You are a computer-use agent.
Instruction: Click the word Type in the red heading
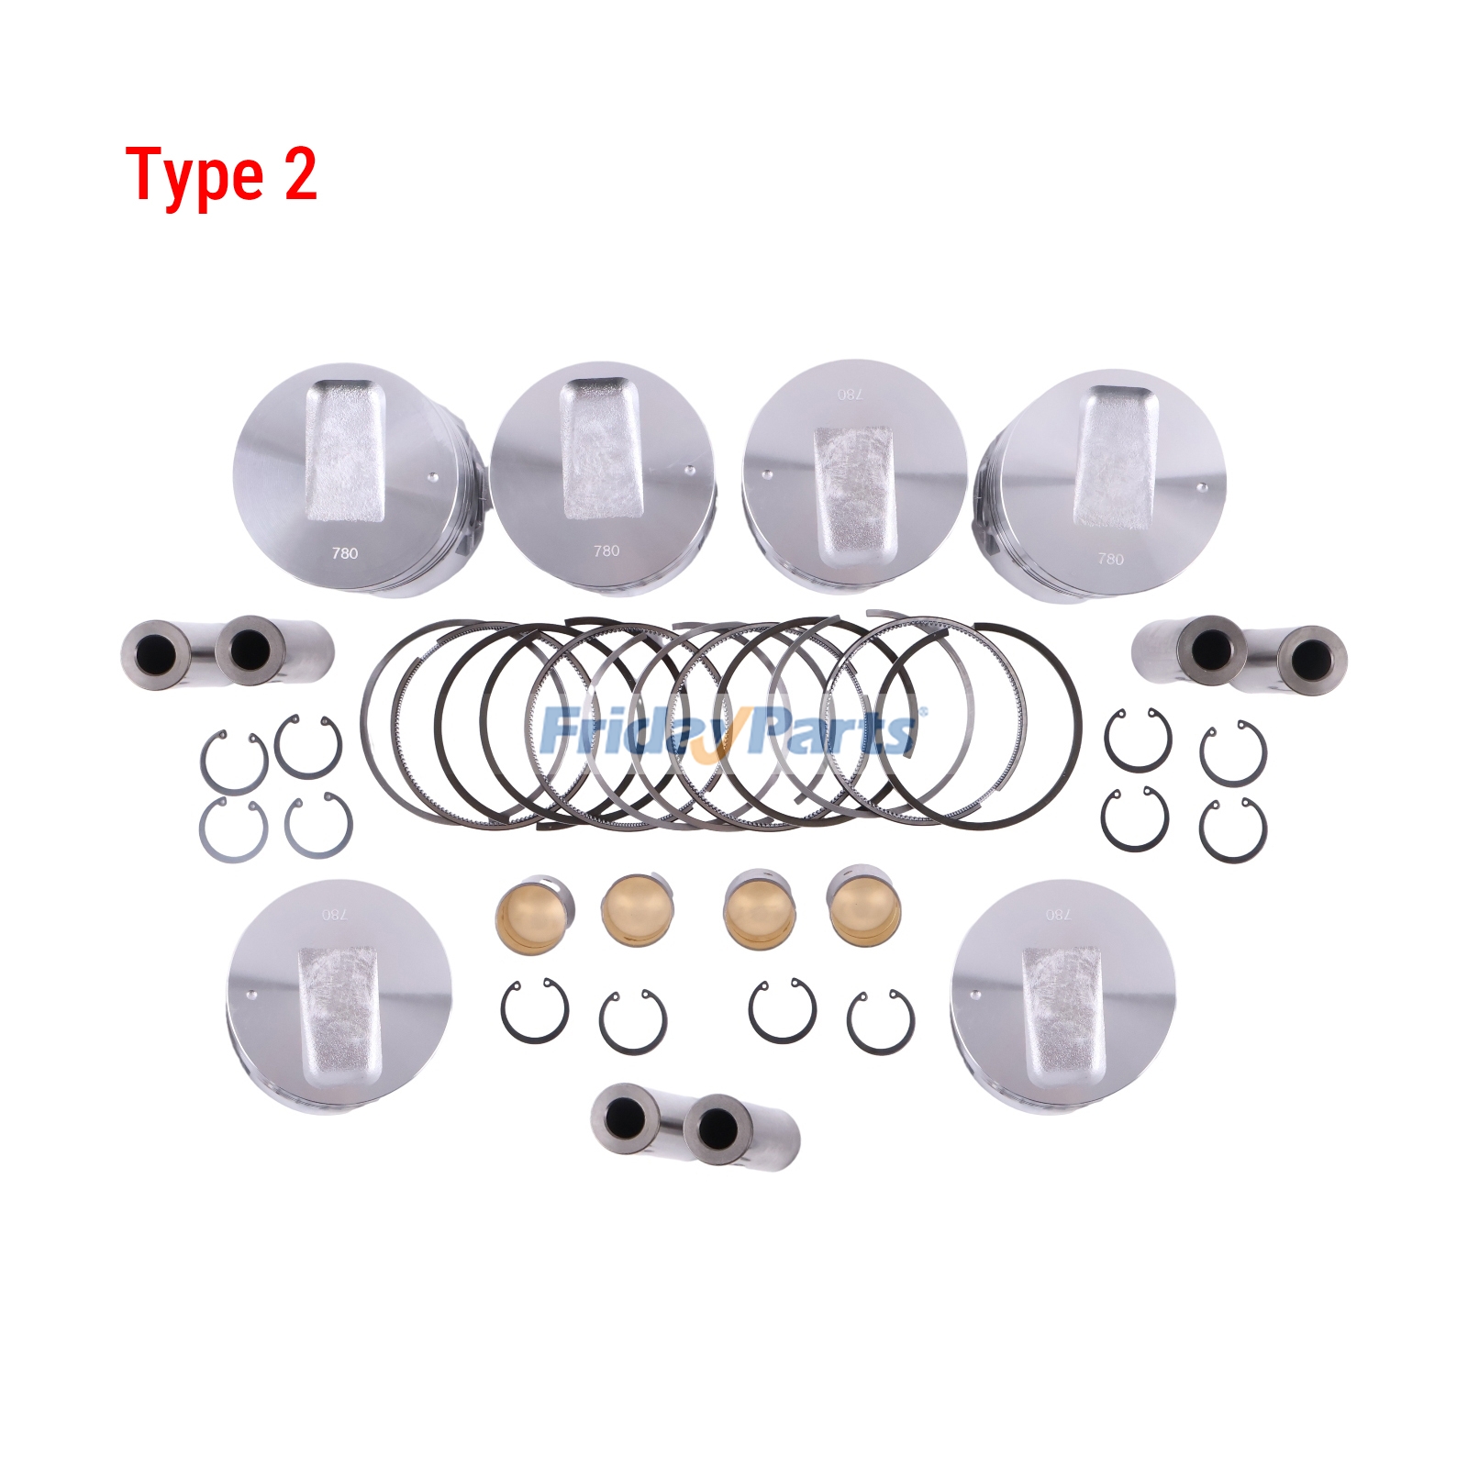(195, 176)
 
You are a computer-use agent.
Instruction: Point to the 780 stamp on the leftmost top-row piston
(345, 553)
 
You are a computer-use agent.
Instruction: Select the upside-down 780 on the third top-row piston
(851, 395)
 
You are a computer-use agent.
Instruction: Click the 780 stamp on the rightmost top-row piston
(1110, 559)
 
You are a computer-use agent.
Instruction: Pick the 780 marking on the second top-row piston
(606, 550)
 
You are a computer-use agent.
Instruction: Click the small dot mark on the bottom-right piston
(976, 995)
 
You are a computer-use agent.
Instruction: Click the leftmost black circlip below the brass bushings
(535, 1011)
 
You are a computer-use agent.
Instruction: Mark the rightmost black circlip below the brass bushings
(881, 1022)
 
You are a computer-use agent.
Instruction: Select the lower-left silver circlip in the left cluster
(233, 829)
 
